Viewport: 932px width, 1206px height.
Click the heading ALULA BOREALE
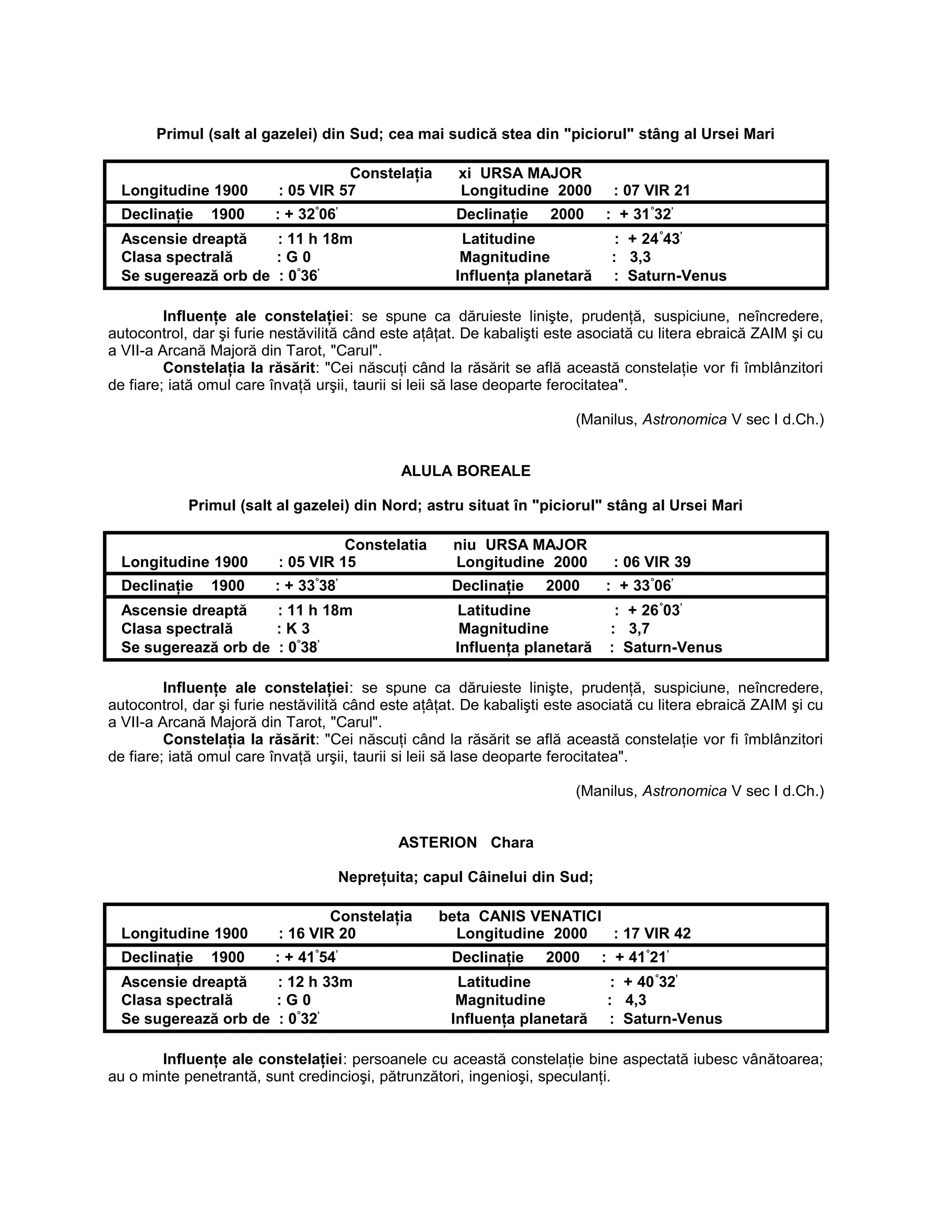pos(466,471)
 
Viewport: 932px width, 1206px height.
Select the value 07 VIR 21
pos(657,191)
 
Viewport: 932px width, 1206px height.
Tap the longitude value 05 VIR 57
pos(322,191)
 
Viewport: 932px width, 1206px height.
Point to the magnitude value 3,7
pos(639,629)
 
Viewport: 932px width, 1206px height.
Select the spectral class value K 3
pos(298,629)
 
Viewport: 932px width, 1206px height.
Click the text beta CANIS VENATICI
pos(520,917)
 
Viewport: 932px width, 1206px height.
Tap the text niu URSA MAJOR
pos(520,545)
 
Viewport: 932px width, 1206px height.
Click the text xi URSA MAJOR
pos(520,173)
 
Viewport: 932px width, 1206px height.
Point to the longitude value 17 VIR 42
pos(657,934)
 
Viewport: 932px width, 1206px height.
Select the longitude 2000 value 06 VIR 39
pos(657,562)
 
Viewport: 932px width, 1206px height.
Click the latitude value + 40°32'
pos(650,982)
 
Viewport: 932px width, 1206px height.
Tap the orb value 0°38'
pos(304,647)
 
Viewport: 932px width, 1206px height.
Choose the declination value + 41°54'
pos(311,958)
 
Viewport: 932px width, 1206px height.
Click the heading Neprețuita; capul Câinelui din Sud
pos(466,877)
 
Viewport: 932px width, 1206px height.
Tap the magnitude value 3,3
pos(640,257)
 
